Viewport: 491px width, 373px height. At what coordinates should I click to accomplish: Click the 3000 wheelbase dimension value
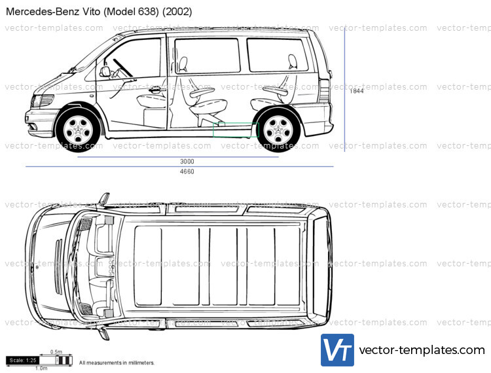[187, 162]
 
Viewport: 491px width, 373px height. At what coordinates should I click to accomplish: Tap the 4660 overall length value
[187, 172]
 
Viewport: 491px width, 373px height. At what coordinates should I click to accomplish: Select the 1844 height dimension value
[356, 91]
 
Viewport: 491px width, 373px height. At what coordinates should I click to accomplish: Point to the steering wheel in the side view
[122, 67]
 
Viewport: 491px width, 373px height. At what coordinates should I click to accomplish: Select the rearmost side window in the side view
[277, 55]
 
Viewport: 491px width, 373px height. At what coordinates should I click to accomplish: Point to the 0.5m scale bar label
[56, 352]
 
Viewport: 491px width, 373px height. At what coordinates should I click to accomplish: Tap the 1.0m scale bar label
[41, 368]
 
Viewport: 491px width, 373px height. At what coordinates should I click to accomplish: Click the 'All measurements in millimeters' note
[117, 363]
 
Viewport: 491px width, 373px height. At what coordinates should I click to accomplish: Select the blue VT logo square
[337, 350]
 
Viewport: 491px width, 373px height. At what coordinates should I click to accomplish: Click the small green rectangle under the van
[236, 130]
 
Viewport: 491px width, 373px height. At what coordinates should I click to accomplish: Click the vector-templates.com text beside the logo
[422, 351]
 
